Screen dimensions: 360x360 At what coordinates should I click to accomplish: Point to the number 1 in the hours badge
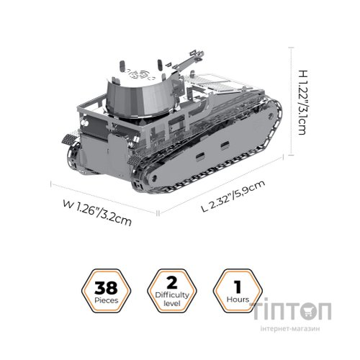(233, 285)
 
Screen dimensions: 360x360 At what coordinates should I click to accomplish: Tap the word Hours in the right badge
(233, 299)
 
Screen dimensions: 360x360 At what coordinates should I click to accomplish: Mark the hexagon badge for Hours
(233, 291)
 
